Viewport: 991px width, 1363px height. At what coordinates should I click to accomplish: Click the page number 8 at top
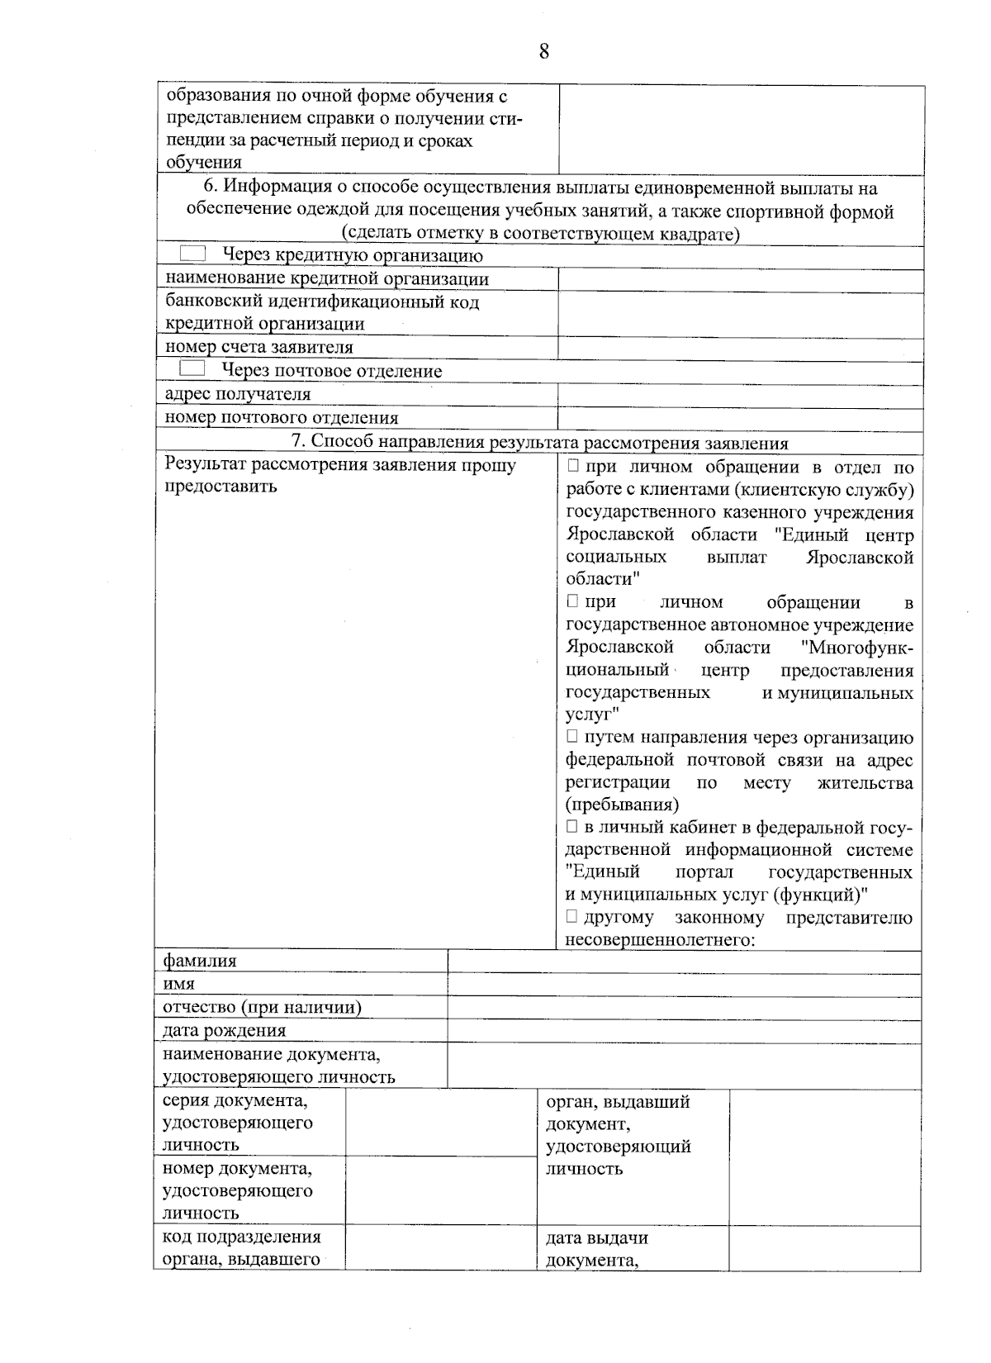tap(543, 52)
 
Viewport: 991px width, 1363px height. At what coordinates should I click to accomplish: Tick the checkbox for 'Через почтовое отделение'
tap(192, 368)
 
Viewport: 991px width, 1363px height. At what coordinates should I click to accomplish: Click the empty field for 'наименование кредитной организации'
tap(740, 280)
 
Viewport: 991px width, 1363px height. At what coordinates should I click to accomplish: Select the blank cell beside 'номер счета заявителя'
tap(740, 348)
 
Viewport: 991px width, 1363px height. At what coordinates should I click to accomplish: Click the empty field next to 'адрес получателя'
tap(740, 395)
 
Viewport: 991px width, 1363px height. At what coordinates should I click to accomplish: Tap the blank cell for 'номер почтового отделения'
tap(740, 418)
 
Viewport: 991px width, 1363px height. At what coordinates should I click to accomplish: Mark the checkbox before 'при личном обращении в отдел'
tap(572, 467)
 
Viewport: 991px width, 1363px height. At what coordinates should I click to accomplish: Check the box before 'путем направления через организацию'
tap(572, 736)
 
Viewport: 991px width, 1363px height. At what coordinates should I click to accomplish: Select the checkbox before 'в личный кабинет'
tap(572, 826)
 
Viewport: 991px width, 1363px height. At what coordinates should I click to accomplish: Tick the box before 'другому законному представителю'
tap(572, 916)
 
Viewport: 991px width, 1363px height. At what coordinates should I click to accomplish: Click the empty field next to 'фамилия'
tap(684, 962)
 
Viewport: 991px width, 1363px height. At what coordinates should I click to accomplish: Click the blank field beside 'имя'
tap(684, 985)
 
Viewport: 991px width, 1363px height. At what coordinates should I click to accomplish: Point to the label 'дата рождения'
tap(225, 1030)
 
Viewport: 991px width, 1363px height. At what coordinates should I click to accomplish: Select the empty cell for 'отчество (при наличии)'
tap(684, 1008)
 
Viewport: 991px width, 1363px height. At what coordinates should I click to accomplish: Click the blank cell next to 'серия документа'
tap(441, 1122)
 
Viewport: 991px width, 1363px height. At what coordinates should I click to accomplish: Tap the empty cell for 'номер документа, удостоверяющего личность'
tap(441, 1190)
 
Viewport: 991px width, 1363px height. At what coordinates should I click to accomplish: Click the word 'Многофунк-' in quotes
tap(856, 648)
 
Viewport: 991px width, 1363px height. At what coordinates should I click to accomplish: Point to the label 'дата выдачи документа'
tap(596, 1248)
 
